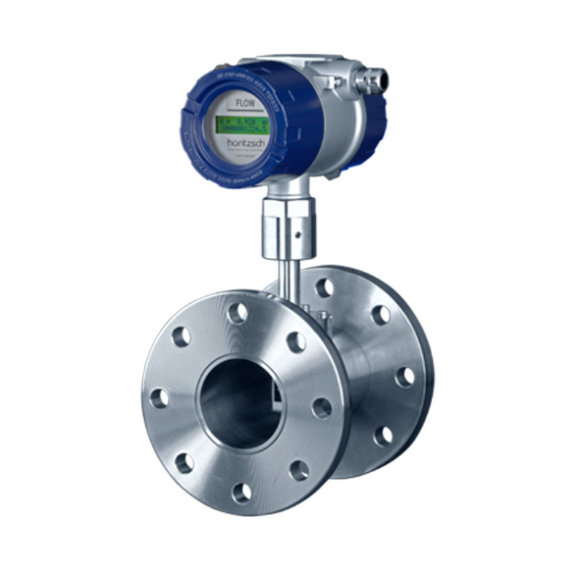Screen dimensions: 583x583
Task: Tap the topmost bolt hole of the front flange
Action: (x=237, y=313)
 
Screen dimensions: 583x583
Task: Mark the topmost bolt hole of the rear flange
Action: (x=325, y=287)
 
